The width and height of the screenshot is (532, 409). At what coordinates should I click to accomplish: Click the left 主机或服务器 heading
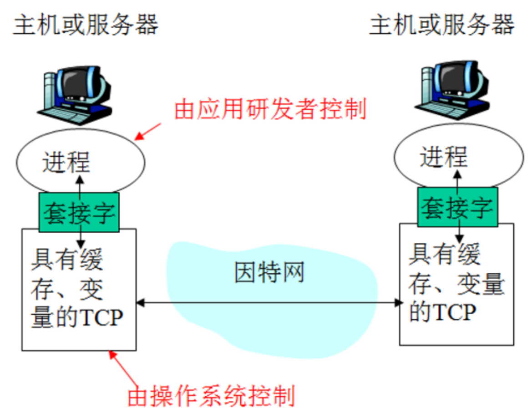click(86, 25)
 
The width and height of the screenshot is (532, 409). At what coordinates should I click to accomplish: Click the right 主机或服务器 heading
click(442, 25)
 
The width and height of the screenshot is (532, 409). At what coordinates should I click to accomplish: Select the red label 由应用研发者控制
click(270, 110)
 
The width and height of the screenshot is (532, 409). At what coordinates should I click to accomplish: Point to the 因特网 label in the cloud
click(269, 272)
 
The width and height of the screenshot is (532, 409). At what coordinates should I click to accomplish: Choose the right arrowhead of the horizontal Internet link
click(400, 302)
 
